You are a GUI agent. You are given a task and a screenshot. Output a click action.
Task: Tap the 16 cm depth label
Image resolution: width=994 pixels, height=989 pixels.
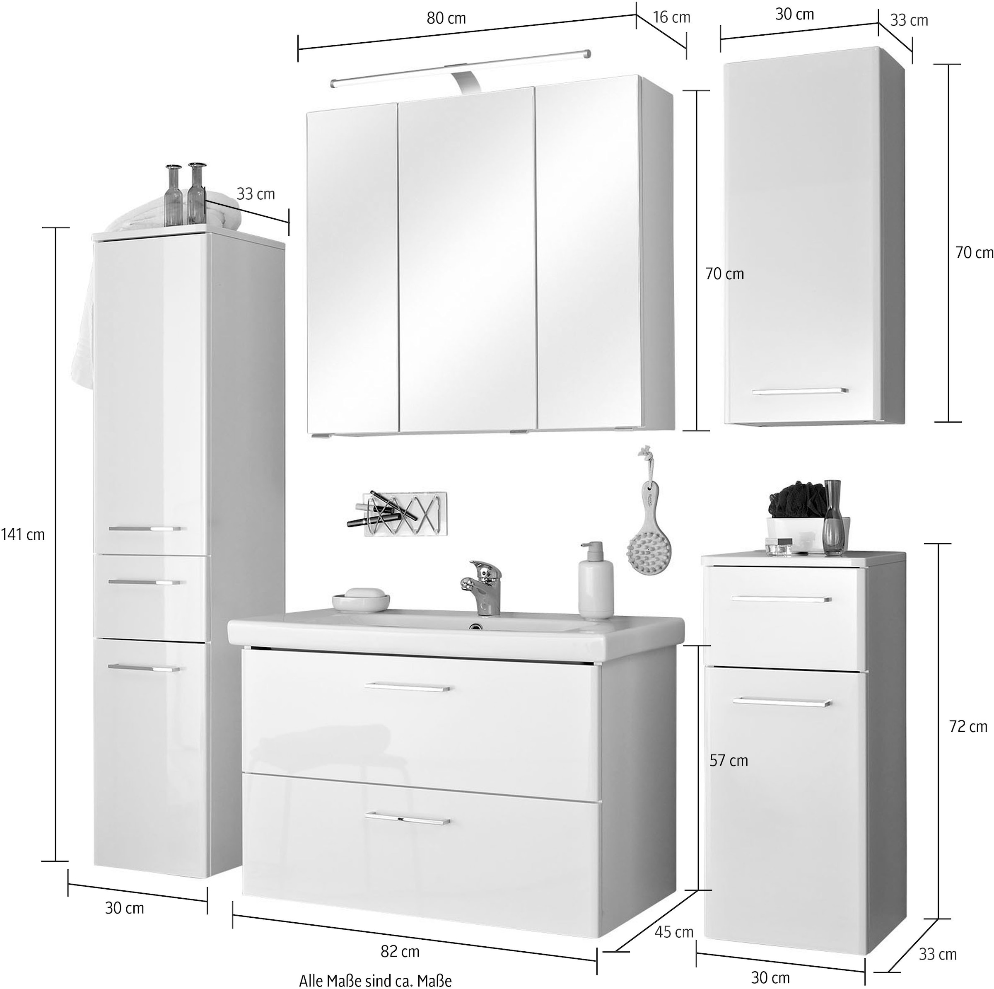click(x=671, y=17)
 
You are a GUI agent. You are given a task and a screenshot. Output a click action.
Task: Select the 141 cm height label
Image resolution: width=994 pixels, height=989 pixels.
click(x=23, y=534)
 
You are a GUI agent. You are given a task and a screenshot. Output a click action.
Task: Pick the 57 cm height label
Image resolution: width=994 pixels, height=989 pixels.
click(x=729, y=761)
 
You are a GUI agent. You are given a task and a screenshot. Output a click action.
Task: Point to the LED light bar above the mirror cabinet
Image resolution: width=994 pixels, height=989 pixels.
click(x=460, y=67)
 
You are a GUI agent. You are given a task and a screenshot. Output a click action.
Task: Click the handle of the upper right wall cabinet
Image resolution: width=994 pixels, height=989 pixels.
click(x=799, y=392)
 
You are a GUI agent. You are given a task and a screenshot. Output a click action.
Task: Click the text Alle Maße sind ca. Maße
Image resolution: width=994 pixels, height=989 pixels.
click(x=375, y=981)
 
